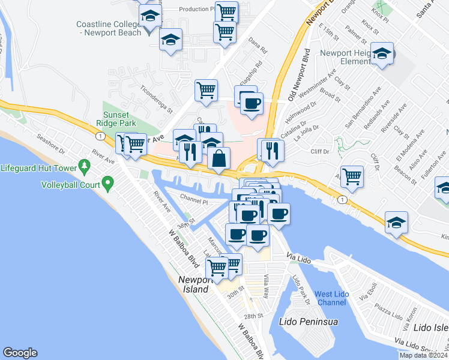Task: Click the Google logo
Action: point(20,353)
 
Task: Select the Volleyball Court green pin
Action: point(108,182)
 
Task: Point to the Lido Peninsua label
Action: point(309,322)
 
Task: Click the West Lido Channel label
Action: point(331,298)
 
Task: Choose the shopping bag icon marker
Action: point(220,159)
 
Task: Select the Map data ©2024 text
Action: point(423,355)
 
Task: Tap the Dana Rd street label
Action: point(258,44)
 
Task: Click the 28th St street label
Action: point(253,316)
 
